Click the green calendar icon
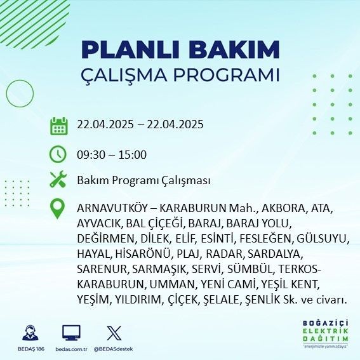(59, 126)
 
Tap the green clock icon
(58, 154)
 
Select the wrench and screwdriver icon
(58, 179)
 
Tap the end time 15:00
(133, 154)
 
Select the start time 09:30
(91, 154)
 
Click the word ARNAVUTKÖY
(112, 208)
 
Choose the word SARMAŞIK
(159, 269)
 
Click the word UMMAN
(172, 284)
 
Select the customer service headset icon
(30, 333)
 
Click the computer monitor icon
(71, 333)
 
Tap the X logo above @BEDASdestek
(114, 333)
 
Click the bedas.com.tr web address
(71, 349)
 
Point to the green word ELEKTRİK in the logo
(325, 331)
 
